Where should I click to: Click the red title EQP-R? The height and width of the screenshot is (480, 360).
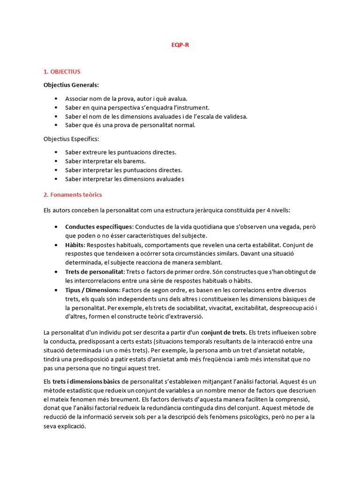(180, 45)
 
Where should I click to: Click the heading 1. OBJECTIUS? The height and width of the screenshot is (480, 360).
(62, 72)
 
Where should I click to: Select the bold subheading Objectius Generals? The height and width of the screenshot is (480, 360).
(71, 85)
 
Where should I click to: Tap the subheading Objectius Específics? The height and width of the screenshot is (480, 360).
(71, 139)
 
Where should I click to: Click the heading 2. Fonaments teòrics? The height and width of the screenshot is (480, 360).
(73, 194)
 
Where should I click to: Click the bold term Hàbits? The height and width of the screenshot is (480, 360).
(75, 245)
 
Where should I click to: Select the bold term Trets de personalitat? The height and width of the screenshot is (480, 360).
(95, 272)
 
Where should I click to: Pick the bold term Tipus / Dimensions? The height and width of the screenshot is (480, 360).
(92, 290)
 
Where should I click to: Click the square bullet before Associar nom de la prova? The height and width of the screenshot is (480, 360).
(56, 99)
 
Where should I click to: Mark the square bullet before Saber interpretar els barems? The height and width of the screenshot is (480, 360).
(56, 161)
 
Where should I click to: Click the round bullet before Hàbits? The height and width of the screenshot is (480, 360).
(56, 245)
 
